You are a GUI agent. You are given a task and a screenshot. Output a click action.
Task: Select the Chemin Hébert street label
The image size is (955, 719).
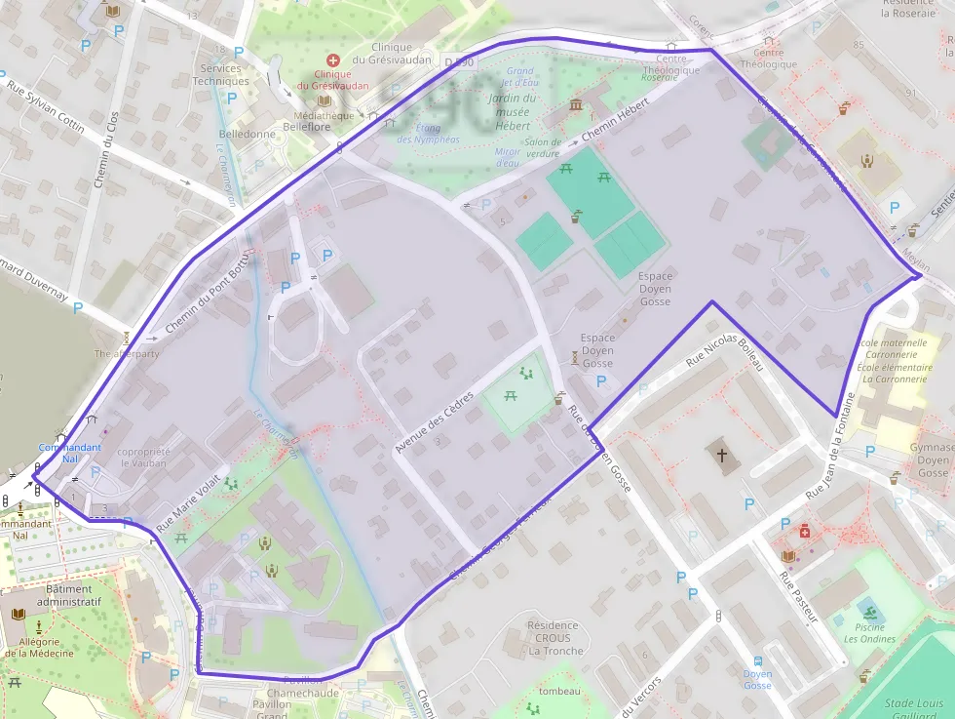pos(615,125)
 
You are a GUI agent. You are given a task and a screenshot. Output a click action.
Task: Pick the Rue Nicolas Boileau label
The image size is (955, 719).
pos(723,362)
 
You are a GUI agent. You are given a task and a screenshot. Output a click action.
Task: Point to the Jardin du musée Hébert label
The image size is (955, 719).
pos(513,111)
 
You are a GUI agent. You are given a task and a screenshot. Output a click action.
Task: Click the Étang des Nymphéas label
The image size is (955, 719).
pos(429,134)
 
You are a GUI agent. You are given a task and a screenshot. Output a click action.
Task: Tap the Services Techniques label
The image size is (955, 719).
pos(220,74)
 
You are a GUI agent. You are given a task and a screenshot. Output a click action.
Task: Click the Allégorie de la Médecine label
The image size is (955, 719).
pos(39,647)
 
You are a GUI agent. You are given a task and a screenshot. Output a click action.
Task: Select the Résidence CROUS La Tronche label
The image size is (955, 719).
pos(553,637)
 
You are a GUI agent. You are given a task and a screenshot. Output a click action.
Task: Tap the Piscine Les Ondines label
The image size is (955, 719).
pos(869,633)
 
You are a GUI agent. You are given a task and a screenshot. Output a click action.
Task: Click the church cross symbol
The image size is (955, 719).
pos(722,455)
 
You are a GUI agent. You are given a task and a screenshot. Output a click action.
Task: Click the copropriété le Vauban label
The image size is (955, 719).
pos(143,459)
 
